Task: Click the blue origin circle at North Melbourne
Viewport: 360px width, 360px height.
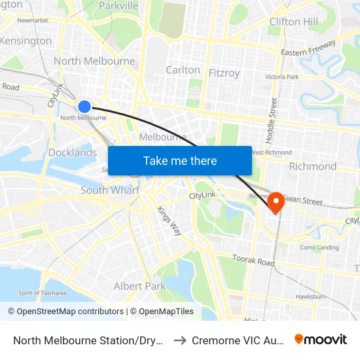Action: [84, 107]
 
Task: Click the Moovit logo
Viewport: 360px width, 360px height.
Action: [321, 339]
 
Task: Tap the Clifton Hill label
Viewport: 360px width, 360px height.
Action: [293, 22]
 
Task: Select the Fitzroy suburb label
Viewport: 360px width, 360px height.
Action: [224, 73]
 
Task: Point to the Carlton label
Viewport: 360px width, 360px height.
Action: [183, 69]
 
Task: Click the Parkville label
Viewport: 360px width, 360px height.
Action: [118, 6]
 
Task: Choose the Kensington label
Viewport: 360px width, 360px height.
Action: [26, 41]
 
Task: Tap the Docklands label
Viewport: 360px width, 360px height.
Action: [73, 153]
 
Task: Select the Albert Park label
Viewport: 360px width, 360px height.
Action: [140, 286]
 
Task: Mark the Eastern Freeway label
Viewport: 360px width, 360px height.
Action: [308, 47]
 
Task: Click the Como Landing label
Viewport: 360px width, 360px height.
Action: [319, 247]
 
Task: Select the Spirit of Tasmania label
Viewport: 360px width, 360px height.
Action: [43, 293]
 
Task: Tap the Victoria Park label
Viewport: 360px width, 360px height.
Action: [281, 77]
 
